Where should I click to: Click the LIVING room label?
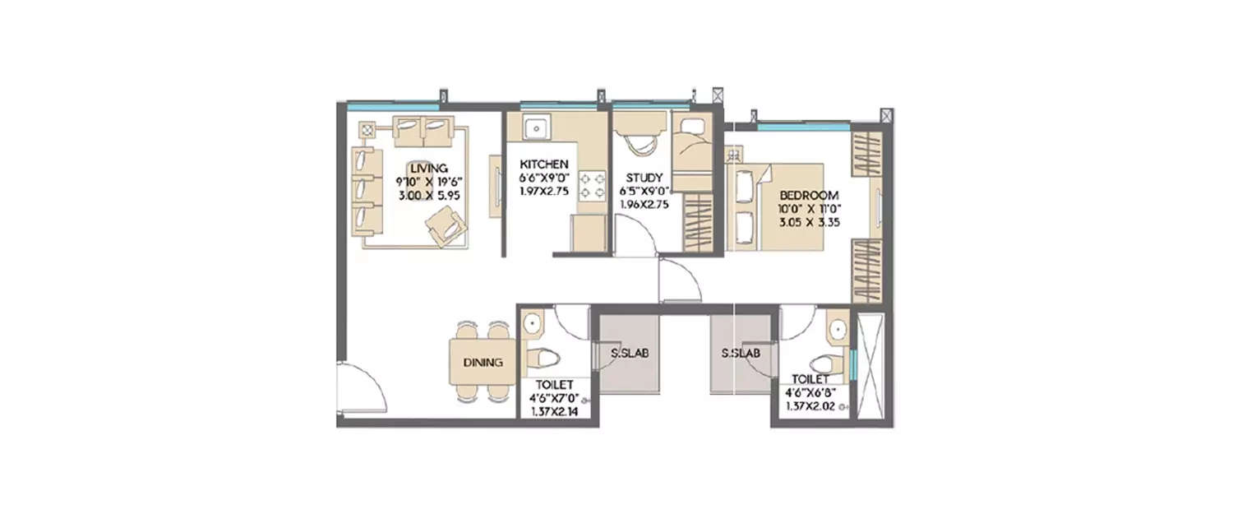pyautogui.click(x=429, y=168)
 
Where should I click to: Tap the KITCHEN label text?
pyautogui.click(x=543, y=164)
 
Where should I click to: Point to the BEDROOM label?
pyautogui.click(x=809, y=195)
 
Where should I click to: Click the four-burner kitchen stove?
pyautogui.click(x=591, y=186)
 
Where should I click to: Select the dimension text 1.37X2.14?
pyautogui.click(x=552, y=412)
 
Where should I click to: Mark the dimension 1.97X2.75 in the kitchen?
pyautogui.click(x=543, y=191)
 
